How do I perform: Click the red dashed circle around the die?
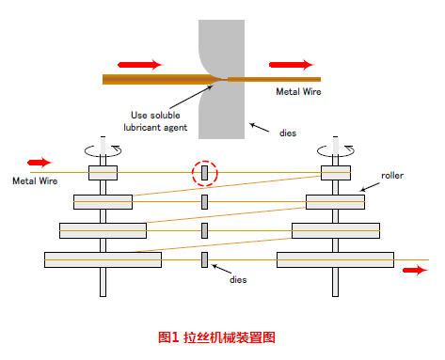[x=204, y=174]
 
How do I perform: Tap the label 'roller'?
[x=393, y=176]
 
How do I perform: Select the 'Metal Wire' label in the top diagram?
[x=299, y=92]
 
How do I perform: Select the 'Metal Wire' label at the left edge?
[x=35, y=180]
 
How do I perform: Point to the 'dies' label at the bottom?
[x=242, y=280]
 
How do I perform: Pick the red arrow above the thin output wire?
[x=290, y=65]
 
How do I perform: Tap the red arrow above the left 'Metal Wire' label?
[x=40, y=162]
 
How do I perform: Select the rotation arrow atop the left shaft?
[x=102, y=149]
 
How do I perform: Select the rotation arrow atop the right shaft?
[x=336, y=149]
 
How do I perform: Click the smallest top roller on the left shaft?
[x=102, y=173]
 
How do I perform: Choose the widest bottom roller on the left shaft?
[x=102, y=258]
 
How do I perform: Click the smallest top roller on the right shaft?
[x=336, y=173]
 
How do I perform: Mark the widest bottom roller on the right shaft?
[x=336, y=258]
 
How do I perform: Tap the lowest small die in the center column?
[x=204, y=258]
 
